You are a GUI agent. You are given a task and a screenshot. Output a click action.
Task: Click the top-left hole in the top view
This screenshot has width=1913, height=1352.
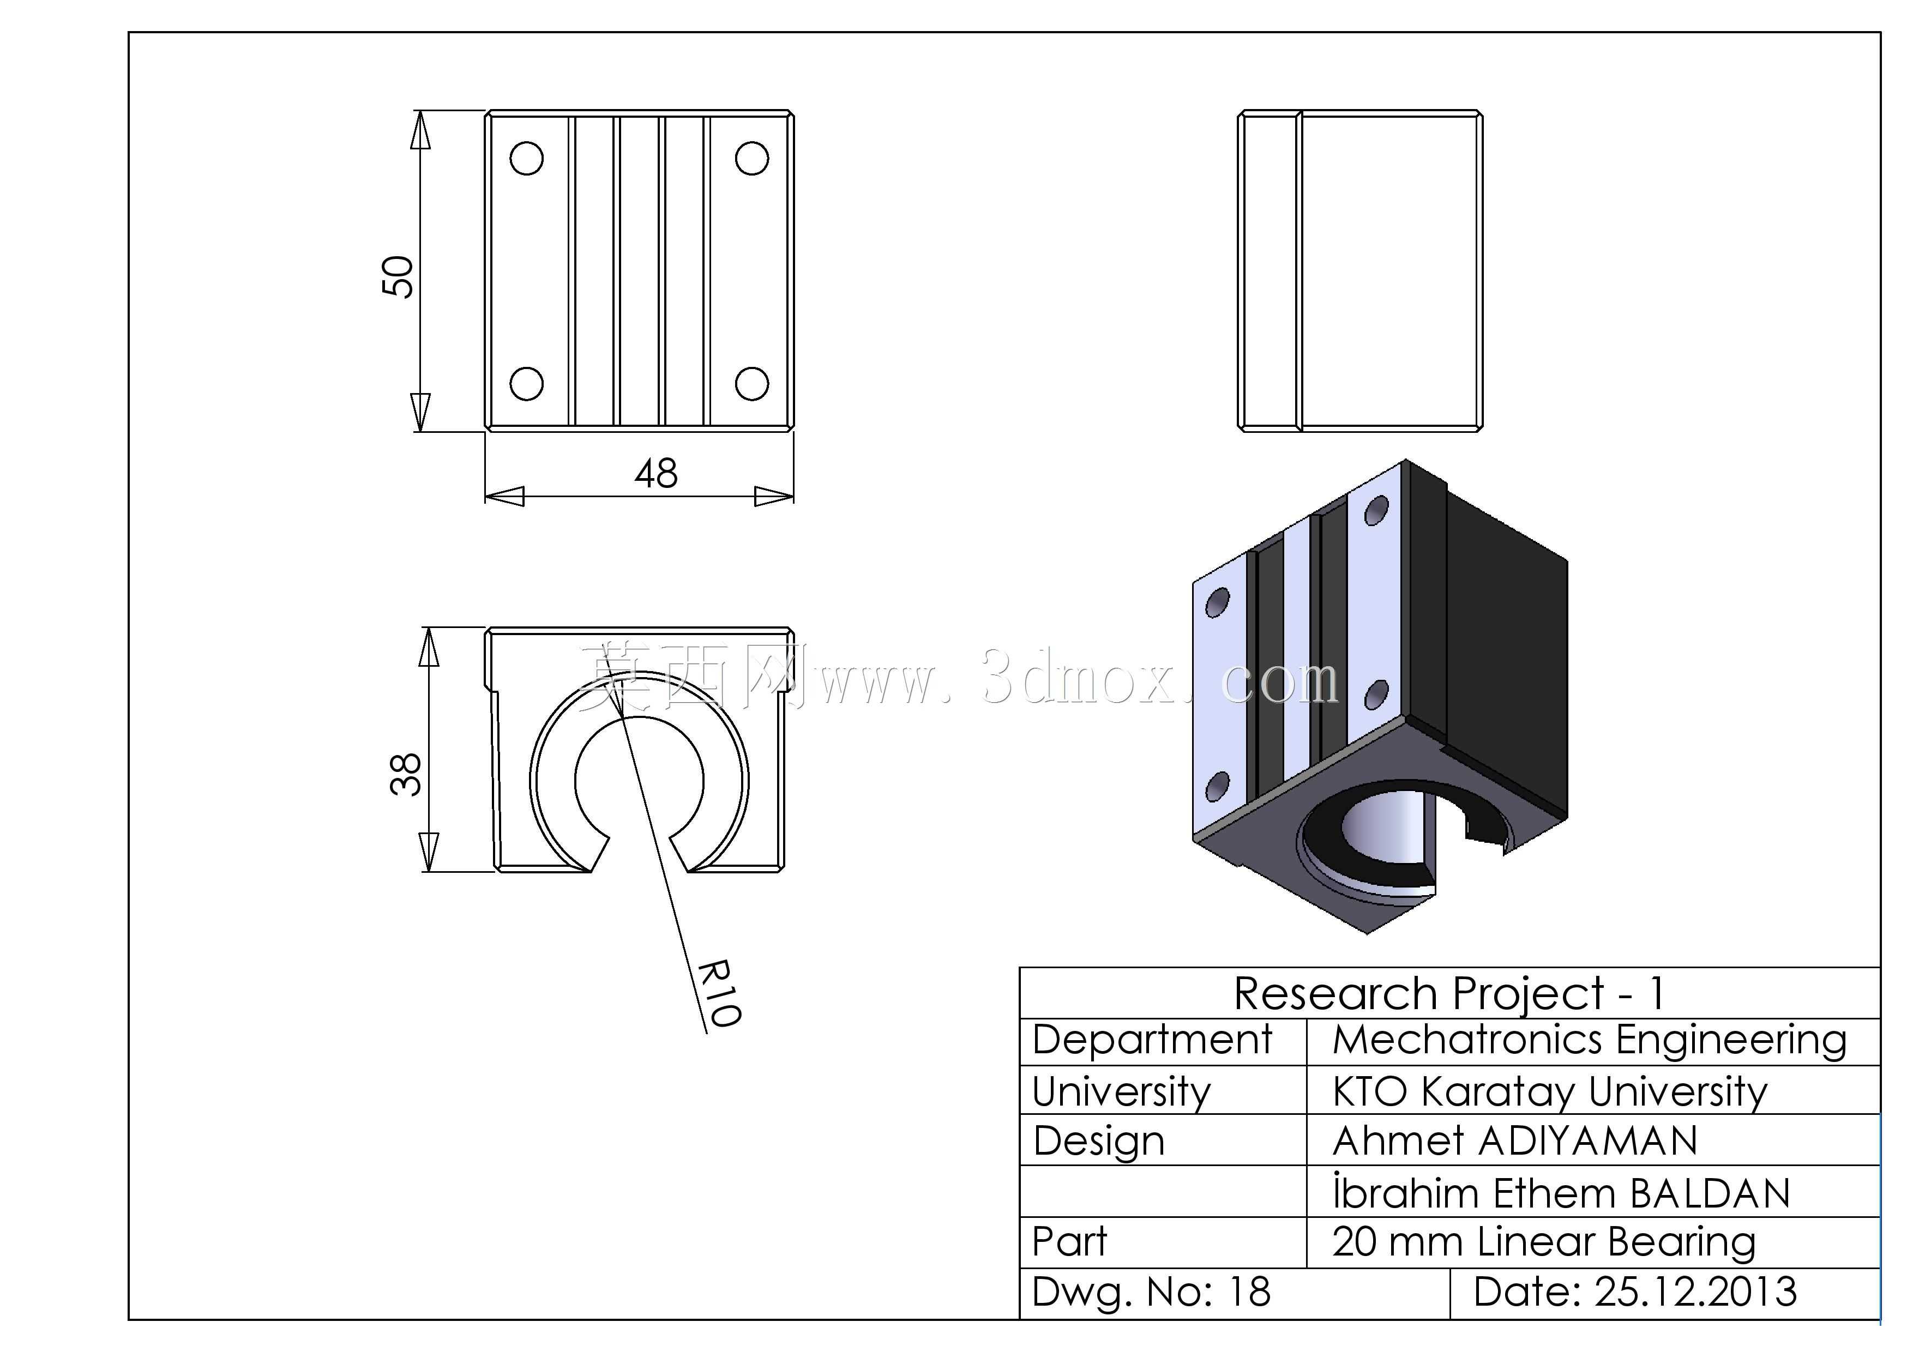(x=527, y=158)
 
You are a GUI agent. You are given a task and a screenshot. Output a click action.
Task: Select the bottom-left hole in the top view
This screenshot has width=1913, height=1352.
(x=527, y=384)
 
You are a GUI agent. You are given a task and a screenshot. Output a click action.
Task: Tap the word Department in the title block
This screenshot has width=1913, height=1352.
(x=1152, y=1041)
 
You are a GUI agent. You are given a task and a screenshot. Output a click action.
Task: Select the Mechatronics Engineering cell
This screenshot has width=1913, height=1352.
(x=1590, y=1041)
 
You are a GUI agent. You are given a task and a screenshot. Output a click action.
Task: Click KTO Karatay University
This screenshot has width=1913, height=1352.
(x=1550, y=1092)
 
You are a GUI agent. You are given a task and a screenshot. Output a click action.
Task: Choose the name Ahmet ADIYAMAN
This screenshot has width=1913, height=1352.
(x=1515, y=1141)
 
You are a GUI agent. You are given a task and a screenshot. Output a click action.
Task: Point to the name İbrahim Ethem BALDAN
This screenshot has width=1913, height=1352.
(x=1561, y=1192)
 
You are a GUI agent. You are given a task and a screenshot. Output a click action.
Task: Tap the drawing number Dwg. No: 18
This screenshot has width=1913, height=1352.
(x=1152, y=1292)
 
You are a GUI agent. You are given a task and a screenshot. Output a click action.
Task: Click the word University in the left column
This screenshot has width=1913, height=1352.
(x=1122, y=1092)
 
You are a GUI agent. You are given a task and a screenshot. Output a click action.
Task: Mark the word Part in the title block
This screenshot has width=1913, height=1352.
(x=1070, y=1242)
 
